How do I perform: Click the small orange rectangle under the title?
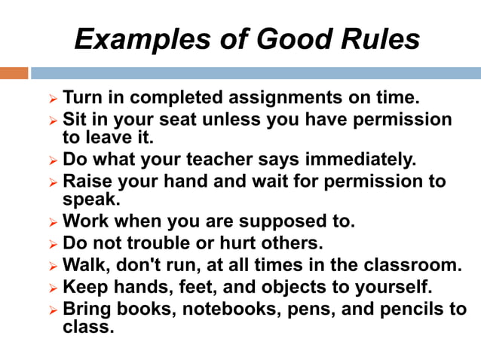tap(14, 73)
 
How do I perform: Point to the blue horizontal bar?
tap(256, 73)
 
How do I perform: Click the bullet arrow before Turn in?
tap(52, 99)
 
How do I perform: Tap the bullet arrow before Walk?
tap(52, 266)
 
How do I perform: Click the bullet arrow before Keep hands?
tap(52, 288)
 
